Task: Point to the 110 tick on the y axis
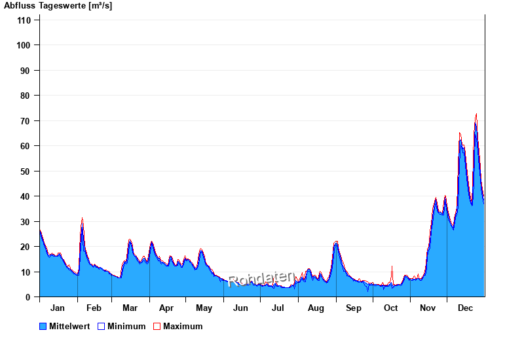24,20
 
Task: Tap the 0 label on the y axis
28,297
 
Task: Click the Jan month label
58,308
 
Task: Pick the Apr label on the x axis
166,308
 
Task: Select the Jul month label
278,308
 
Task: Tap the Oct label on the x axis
391,308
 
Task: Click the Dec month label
466,308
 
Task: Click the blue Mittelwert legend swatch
43,326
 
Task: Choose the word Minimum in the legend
126,326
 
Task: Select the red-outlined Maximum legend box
157,326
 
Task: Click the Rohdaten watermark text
261,279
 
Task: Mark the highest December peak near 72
476,115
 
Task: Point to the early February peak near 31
82,219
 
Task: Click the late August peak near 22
336,242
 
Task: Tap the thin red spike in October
392,267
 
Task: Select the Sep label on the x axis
354,308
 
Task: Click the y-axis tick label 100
24,45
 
